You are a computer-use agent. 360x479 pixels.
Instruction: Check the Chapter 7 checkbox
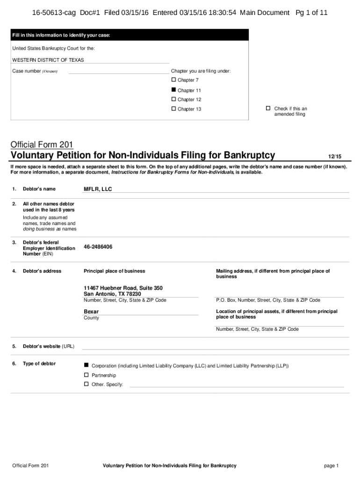click(174, 80)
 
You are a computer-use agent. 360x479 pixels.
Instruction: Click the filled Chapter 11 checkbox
click(174, 90)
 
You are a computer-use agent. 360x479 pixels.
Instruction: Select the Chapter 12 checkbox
click(174, 99)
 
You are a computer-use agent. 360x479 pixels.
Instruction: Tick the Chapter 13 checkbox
click(174, 109)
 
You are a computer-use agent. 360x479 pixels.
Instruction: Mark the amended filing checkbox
click(268, 109)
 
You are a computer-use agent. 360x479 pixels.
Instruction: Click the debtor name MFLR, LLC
click(98, 189)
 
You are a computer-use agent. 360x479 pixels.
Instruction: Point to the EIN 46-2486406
click(98, 247)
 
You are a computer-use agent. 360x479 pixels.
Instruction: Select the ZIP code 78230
click(133, 294)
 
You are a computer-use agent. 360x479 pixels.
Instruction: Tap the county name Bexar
click(91, 312)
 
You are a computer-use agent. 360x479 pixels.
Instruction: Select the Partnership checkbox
click(86, 375)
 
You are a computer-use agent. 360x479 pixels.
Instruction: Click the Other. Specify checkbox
click(86, 384)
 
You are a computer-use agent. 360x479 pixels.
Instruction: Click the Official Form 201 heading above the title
click(42, 144)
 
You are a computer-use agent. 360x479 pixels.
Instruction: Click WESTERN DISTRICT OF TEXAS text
click(48, 60)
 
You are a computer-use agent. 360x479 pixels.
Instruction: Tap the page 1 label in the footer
click(331, 466)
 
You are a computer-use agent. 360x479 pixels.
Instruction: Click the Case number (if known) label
click(35, 71)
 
